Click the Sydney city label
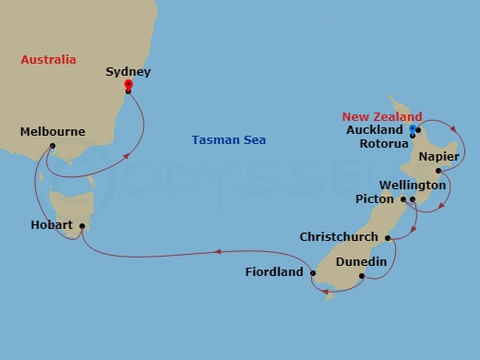(x=128, y=71)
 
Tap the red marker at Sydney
(x=127, y=86)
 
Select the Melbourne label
(x=53, y=132)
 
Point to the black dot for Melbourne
(x=53, y=146)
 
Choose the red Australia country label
(x=48, y=60)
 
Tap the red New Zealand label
(x=382, y=116)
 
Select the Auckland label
(x=374, y=130)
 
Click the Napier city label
(x=438, y=157)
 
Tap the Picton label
(x=375, y=198)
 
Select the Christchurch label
(x=339, y=237)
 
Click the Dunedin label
(x=360, y=262)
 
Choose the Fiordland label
(x=274, y=272)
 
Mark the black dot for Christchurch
(x=388, y=238)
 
